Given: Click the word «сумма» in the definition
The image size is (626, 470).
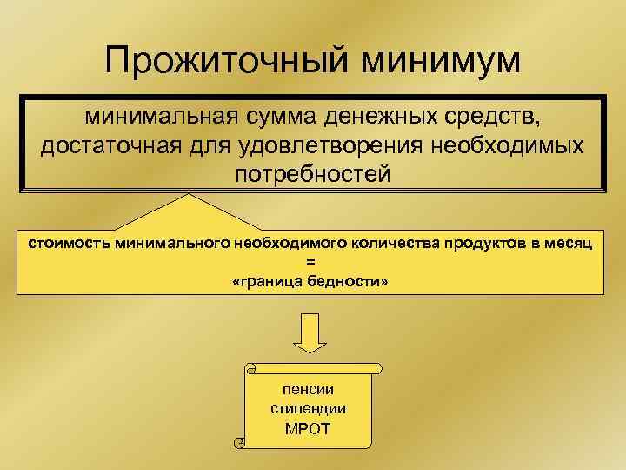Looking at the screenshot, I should coord(279,114).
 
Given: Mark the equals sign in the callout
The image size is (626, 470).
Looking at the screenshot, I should coord(312,263).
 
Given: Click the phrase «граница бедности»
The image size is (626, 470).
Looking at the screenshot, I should coord(312,283).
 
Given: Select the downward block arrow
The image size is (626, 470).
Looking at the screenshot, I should coord(312,331).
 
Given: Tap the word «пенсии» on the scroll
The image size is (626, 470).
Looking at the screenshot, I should coord(309,389).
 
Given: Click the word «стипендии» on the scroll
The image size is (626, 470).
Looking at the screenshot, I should coord(309,408).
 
